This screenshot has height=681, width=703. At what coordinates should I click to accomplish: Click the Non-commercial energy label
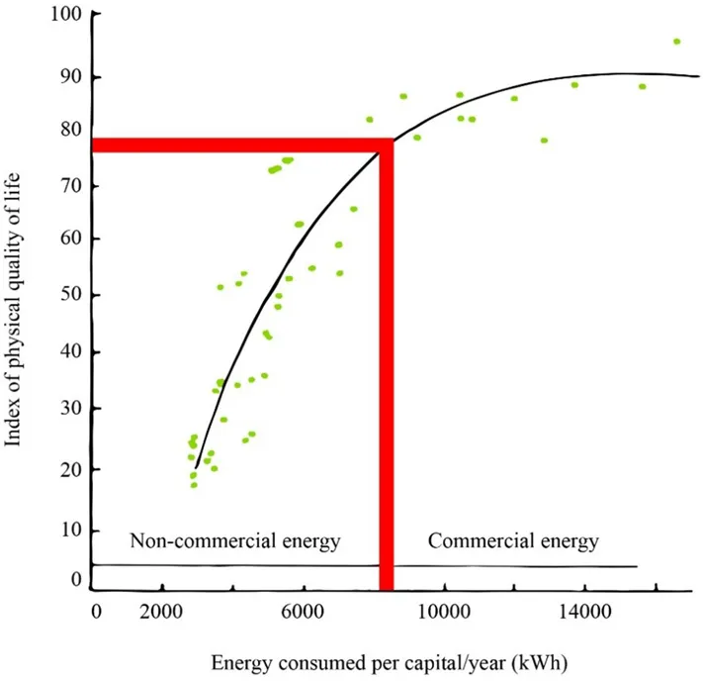pyautogui.click(x=235, y=541)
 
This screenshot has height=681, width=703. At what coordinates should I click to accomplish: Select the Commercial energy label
pyautogui.click(x=513, y=541)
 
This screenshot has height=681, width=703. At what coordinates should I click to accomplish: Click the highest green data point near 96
pyautogui.click(x=676, y=42)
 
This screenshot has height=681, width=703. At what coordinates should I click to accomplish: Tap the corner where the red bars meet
pyautogui.click(x=387, y=146)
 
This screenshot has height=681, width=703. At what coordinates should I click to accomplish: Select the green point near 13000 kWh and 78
pyautogui.click(x=544, y=141)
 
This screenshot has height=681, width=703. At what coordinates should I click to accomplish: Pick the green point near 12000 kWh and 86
pyautogui.click(x=514, y=98)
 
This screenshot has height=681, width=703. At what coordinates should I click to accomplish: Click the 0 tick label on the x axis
pyautogui.click(x=96, y=612)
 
